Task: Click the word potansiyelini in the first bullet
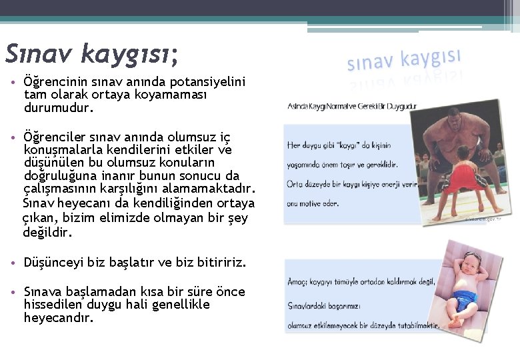[208, 82]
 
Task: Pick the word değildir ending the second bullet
[47, 233]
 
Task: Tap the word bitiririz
[221, 263]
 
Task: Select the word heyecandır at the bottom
[58, 318]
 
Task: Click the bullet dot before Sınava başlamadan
[13, 293]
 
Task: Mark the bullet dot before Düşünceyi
[13, 263]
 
